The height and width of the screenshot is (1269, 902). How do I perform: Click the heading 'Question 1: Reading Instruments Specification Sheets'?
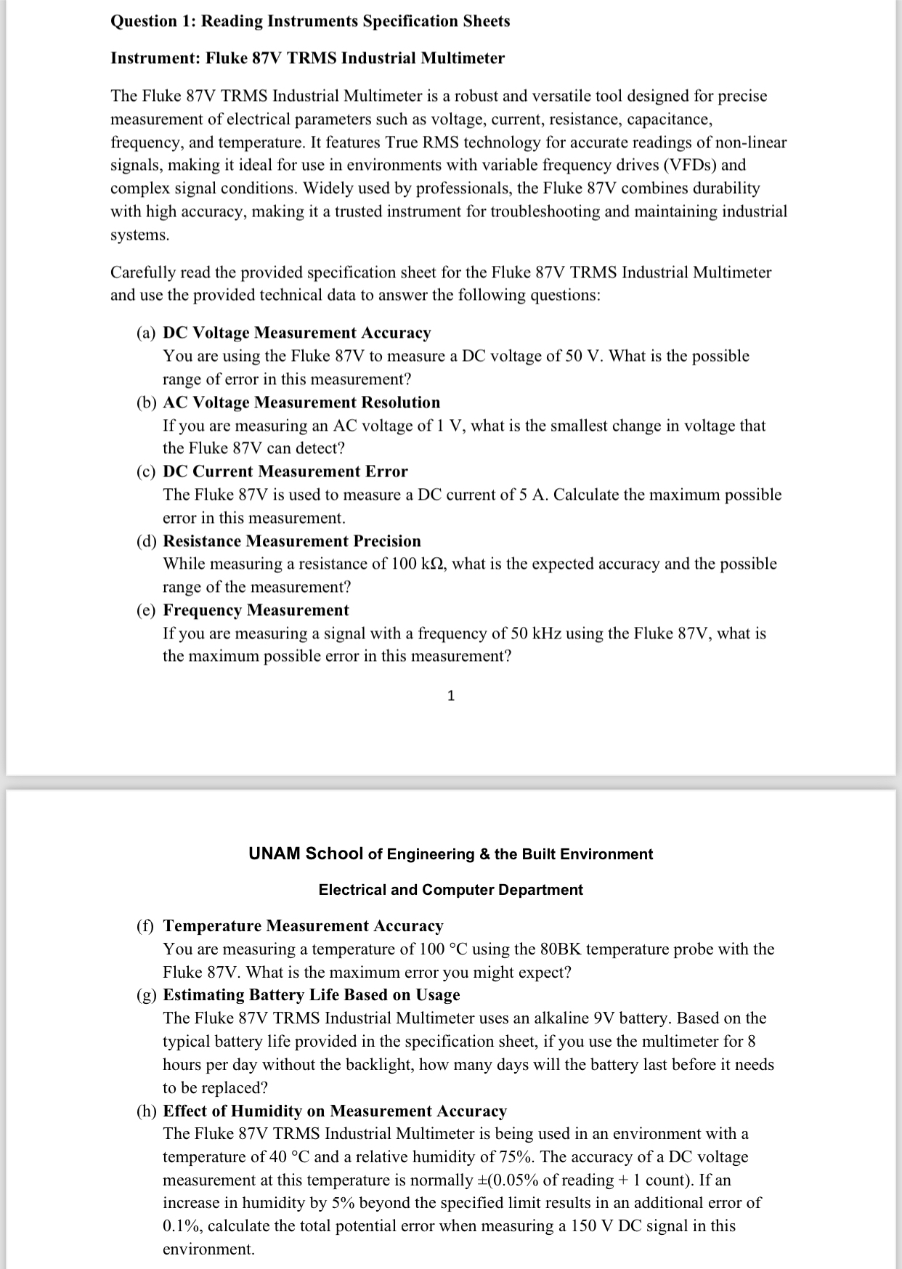pos(310,21)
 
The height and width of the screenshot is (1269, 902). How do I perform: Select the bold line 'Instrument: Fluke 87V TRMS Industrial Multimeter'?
pos(307,58)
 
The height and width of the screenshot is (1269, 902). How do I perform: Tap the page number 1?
pos(451,696)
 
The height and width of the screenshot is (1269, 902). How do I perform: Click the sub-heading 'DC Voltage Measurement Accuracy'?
pos(296,333)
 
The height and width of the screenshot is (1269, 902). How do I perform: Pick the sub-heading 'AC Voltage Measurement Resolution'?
pos(301,402)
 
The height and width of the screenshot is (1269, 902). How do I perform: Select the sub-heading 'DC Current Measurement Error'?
pos(285,471)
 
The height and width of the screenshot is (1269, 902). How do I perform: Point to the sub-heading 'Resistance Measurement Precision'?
pos(292,541)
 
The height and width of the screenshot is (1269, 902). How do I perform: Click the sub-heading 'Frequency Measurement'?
pos(256,610)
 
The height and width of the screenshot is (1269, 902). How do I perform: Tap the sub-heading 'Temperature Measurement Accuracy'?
pos(303,925)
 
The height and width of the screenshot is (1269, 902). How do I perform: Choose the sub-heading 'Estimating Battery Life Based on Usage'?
pos(312,994)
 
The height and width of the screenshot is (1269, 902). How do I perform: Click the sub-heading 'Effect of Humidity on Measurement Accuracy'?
pos(335,1111)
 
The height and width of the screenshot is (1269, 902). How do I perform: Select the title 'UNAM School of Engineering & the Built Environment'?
pos(450,854)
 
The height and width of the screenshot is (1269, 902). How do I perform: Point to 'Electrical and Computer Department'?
pos(450,890)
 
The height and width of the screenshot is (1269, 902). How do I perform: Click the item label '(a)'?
pos(146,333)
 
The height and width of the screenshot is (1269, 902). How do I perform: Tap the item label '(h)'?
pos(146,1111)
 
